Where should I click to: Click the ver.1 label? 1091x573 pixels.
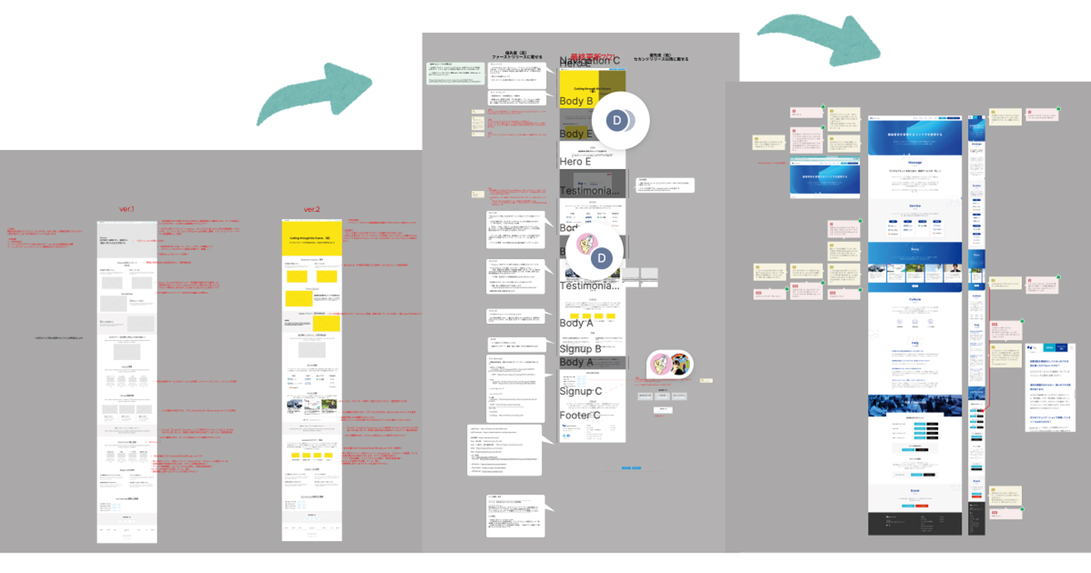(127, 209)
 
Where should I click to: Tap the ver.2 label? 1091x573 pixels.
(311, 209)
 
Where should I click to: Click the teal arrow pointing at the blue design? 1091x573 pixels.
(818, 37)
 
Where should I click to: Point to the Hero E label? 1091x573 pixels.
(575, 161)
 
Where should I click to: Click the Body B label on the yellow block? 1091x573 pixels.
(576, 101)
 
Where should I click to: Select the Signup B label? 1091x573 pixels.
(580, 349)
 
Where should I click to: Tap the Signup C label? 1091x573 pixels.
(580, 391)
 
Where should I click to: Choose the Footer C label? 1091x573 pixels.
(580, 415)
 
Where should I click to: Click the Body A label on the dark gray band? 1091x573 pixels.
(576, 362)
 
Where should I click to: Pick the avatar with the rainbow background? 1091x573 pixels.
(678, 365)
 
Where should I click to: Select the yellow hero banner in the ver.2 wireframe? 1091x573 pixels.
(311, 237)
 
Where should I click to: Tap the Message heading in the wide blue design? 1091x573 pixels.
(914, 161)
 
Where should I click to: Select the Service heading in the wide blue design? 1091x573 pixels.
(914, 206)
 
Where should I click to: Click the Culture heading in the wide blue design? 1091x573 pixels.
(914, 299)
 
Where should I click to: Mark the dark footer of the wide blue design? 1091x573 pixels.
(914, 524)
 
